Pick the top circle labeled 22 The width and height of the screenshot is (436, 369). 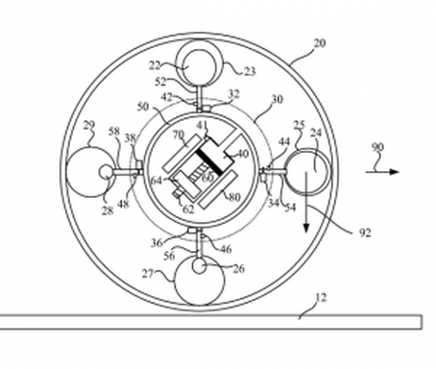click(203, 65)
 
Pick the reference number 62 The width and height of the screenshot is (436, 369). click(189, 207)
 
